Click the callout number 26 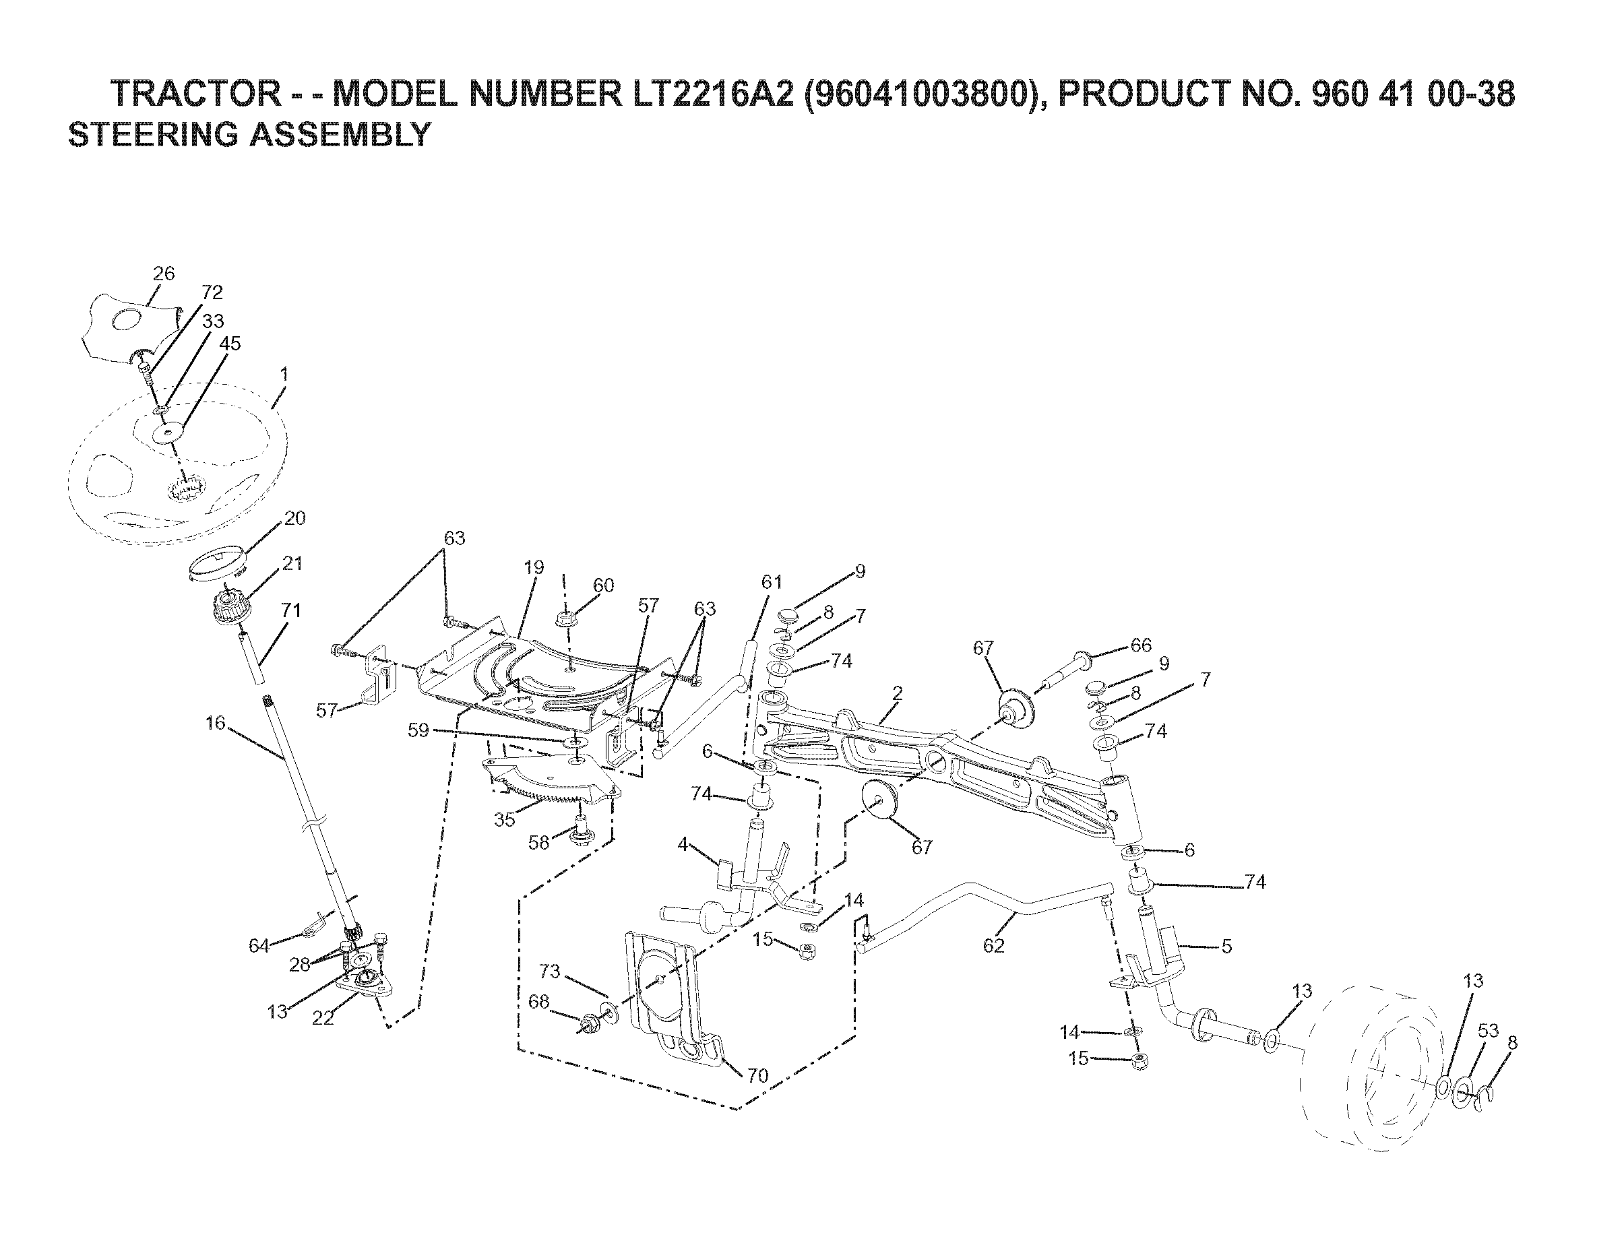click(164, 274)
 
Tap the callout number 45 click(230, 344)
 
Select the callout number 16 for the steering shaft click(216, 723)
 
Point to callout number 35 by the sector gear click(505, 821)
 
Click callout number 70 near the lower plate click(757, 1076)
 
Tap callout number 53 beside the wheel click(1488, 1031)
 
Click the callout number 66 click(1141, 645)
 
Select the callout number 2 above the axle click(898, 693)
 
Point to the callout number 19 click(534, 567)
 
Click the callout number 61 click(772, 582)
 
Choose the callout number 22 click(323, 1018)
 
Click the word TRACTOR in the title click(195, 94)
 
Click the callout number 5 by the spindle click(1226, 947)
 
